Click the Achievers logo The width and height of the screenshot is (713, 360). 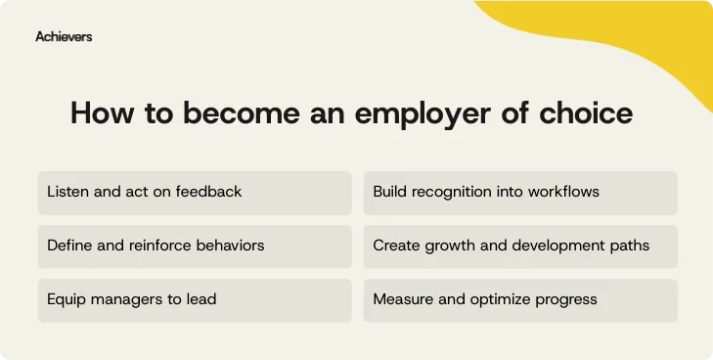[x=64, y=36]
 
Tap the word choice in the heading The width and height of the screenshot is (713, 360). [x=590, y=113]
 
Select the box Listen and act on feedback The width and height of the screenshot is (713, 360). [x=195, y=193]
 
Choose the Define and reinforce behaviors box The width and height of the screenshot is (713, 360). [x=195, y=246]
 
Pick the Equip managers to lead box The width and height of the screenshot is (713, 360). [x=195, y=299]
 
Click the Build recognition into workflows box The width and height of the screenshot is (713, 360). [x=520, y=193]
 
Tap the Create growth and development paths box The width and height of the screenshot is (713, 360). [x=520, y=246]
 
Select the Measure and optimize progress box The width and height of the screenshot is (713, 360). [x=520, y=299]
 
